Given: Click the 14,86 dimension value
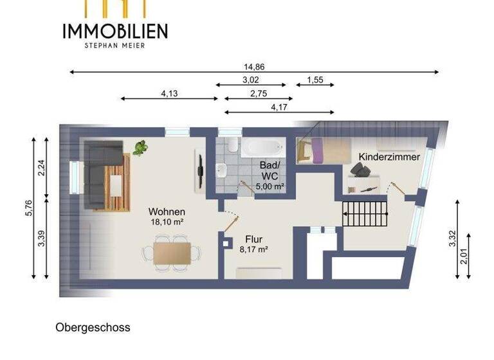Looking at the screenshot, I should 254,66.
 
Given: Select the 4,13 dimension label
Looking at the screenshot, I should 169,93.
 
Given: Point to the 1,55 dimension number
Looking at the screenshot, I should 315,80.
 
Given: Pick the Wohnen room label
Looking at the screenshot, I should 167,212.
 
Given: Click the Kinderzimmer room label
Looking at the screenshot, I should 389,157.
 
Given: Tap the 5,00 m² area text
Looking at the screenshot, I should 271,186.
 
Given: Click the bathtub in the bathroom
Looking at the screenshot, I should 261,147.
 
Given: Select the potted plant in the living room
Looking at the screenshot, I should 140,148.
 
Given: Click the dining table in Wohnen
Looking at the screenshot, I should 172,252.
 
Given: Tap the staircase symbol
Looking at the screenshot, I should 365,212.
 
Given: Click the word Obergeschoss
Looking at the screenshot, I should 93,328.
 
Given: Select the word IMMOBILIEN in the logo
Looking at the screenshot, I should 115,30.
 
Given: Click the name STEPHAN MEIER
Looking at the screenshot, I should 115,45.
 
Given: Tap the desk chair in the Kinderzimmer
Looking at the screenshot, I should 359,170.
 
